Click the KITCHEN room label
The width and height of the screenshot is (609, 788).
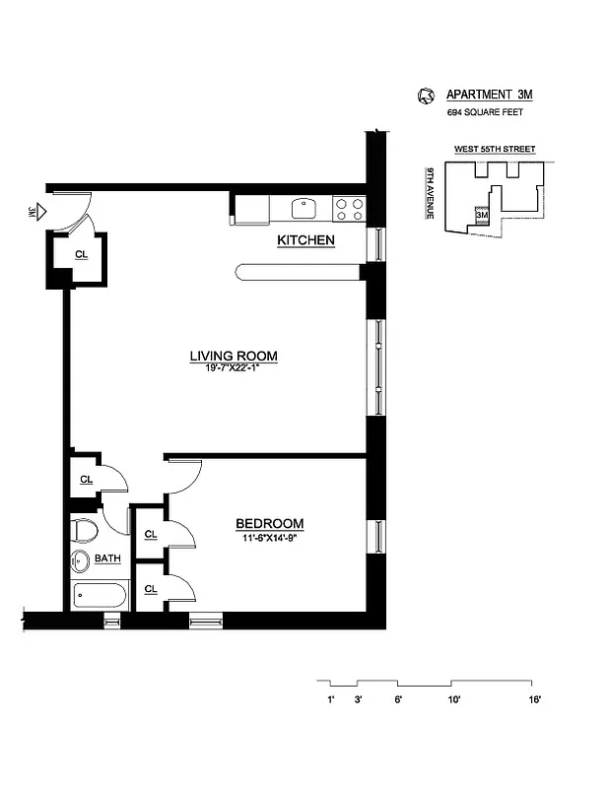[x=304, y=240]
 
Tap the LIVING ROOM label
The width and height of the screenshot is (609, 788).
[x=234, y=356]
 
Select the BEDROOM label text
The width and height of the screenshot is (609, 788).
[x=268, y=523]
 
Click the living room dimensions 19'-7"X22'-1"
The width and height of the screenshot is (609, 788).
[x=234, y=368]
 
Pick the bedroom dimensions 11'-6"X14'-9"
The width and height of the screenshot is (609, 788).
[x=268, y=538]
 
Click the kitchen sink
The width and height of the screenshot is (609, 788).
[x=304, y=209]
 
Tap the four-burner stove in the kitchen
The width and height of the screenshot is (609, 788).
[x=348, y=209]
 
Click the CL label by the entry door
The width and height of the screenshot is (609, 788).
[x=81, y=253]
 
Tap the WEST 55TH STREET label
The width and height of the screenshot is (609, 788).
[x=494, y=149]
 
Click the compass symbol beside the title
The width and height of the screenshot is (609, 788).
[x=426, y=96]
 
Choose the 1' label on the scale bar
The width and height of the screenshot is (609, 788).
[x=331, y=699]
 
